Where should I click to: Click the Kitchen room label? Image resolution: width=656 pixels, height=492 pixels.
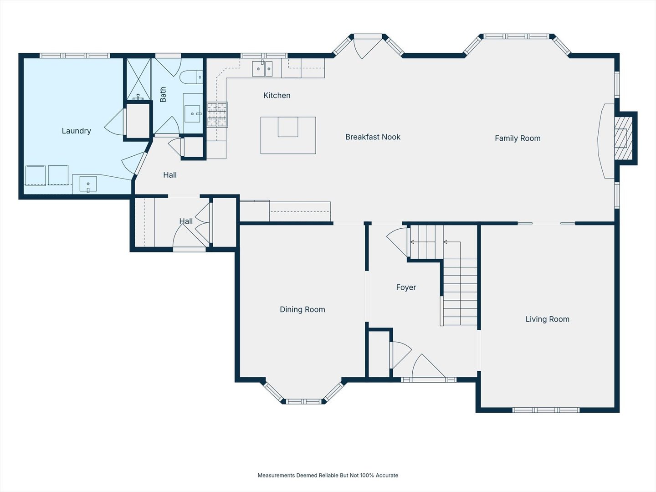tap(277, 96)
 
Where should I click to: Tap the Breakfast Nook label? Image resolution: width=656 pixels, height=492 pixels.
tap(373, 137)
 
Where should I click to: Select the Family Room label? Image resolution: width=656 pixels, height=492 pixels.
tap(518, 138)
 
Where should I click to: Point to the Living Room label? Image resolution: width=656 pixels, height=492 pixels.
tap(547, 319)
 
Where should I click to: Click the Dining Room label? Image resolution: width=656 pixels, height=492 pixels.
tap(302, 309)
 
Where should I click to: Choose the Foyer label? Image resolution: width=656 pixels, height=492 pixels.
tap(406, 287)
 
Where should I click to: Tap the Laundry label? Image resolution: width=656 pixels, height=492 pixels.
tap(76, 131)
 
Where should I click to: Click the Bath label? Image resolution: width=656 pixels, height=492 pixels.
tap(163, 94)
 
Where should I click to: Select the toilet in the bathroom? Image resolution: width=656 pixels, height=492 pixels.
tap(191, 77)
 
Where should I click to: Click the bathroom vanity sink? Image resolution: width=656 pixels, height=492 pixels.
tap(192, 113)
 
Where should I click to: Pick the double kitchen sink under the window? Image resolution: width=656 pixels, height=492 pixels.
tap(262, 69)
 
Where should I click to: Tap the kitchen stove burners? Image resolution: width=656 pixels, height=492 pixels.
tap(217, 115)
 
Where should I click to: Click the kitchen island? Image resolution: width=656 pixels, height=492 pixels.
tap(288, 135)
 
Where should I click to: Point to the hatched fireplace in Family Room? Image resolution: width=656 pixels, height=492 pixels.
tap(623, 138)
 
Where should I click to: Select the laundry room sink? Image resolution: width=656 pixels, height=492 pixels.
tap(88, 184)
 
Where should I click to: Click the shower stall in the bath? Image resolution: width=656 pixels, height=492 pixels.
tap(138, 79)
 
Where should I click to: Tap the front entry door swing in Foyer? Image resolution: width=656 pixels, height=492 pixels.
tap(428, 367)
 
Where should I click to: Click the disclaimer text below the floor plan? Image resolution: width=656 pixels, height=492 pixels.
tap(328, 475)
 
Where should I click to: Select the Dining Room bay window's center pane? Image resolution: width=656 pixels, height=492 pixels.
tap(304, 401)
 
